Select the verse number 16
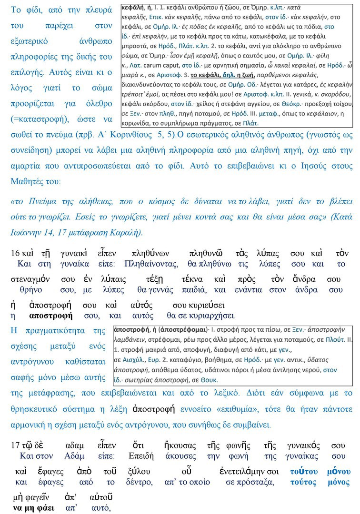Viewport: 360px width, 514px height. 15,254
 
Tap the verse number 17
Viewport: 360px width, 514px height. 15,446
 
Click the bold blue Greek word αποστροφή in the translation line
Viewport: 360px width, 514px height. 50,315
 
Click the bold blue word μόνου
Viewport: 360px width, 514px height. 339,472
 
